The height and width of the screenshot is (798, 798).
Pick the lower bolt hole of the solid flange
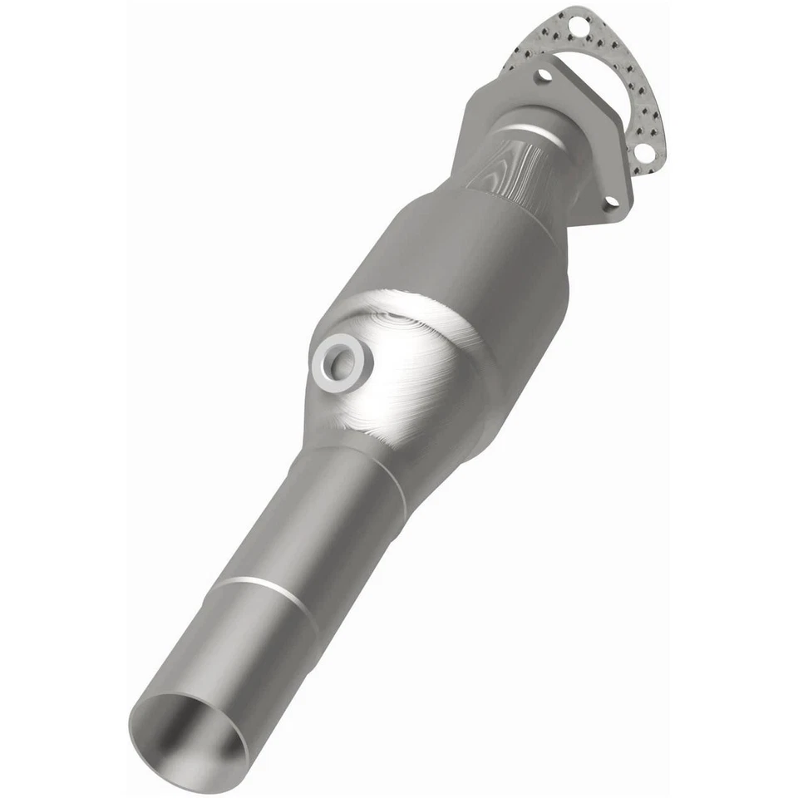609,201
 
